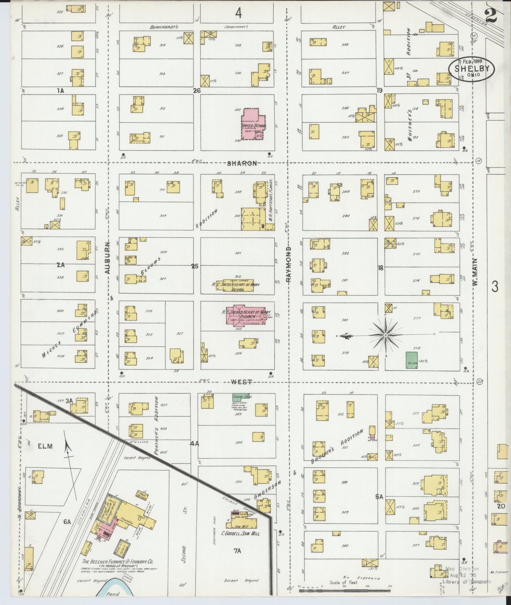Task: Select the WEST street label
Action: [242, 382]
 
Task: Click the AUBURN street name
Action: [108, 258]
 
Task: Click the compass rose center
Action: [385, 335]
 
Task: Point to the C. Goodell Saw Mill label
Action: [240, 533]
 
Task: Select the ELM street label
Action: [45, 446]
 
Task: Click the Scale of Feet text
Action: [344, 582]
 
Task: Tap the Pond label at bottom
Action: [114, 594]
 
